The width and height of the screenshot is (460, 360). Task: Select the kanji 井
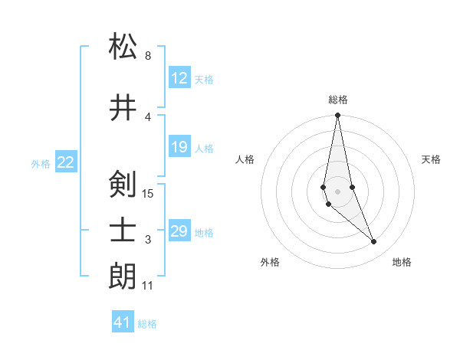[123, 109]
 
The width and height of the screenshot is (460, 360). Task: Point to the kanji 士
[123, 232]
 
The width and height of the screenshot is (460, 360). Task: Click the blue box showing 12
[179, 78]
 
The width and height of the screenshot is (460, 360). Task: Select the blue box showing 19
[179, 147]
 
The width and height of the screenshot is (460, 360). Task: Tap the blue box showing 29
[179, 231]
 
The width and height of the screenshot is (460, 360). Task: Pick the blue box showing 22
[66, 162]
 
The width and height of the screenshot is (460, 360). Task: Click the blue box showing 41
[123, 322]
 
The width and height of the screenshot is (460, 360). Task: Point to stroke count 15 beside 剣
[148, 193]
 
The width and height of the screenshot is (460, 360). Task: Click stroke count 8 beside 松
[147, 56]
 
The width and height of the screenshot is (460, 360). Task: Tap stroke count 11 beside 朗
[147, 286]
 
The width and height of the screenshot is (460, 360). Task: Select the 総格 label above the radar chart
[337, 100]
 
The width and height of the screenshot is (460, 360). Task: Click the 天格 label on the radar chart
[432, 159]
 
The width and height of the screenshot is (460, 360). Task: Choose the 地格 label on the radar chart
[402, 262]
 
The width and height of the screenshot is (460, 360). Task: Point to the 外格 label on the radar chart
[270, 262]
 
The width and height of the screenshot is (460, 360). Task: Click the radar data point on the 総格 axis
[337, 116]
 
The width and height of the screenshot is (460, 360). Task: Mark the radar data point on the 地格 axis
[374, 242]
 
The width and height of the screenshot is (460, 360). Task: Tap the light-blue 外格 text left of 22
[41, 163]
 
